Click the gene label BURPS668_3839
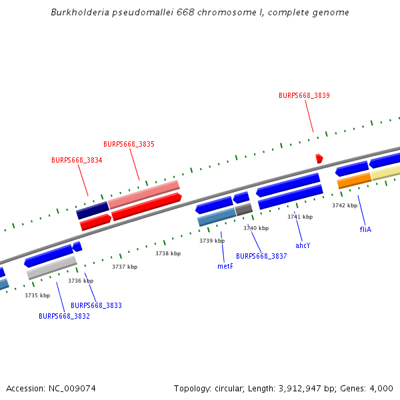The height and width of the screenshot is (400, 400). [304, 95]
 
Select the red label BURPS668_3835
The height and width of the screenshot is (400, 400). [129, 144]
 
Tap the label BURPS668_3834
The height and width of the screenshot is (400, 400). [77, 160]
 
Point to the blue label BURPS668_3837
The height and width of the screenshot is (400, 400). [261, 256]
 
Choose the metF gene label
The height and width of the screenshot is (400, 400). [225, 266]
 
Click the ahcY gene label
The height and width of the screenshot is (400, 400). [303, 245]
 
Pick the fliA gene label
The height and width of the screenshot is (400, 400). [365, 229]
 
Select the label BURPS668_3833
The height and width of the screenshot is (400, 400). [96, 305]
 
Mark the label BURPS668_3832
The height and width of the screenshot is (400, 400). [64, 316]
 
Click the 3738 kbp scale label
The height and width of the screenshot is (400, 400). [168, 253]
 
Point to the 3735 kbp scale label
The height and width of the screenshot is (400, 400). [37, 295]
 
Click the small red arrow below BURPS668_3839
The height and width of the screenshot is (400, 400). [319, 159]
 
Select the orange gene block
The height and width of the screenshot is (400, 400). [354, 180]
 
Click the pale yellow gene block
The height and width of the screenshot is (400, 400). [385, 173]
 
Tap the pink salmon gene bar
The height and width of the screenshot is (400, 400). [143, 194]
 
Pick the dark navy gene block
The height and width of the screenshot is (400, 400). [92, 211]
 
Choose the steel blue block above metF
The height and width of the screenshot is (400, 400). [216, 217]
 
